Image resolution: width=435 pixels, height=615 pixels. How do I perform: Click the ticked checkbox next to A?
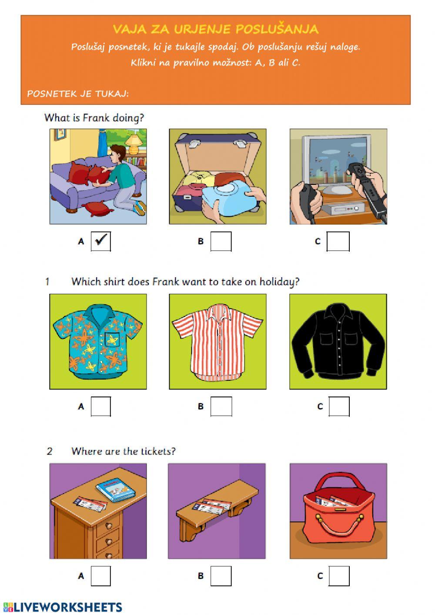point(101,241)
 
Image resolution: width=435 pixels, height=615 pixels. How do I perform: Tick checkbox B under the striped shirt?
point(221,407)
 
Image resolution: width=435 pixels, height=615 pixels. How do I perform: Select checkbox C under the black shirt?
point(339,407)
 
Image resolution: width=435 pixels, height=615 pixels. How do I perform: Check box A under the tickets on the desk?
point(101,576)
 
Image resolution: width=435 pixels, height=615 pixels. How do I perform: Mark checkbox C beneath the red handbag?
point(339,576)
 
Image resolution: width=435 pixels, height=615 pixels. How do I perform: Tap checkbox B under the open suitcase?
point(221,241)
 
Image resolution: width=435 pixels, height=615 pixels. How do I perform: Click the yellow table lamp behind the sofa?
point(134,144)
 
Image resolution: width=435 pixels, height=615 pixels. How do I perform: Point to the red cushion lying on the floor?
point(97,208)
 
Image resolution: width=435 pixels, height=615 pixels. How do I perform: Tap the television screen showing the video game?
point(338,161)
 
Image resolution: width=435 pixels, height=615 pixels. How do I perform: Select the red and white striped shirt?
point(217,342)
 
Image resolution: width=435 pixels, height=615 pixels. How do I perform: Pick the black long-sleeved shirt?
point(338,341)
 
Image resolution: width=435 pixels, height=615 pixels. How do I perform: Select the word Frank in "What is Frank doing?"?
point(97,118)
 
